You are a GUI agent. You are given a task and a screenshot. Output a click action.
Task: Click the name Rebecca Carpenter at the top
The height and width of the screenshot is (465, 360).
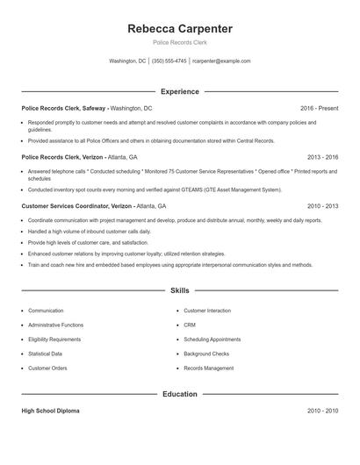pyautogui.click(x=179, y=28)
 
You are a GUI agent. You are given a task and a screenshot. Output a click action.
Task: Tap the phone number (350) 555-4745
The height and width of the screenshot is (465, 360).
pyautogui.click(x=169, y=61)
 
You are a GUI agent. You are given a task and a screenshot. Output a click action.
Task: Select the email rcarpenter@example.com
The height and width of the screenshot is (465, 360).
pyautogui.click(x=221, y=61)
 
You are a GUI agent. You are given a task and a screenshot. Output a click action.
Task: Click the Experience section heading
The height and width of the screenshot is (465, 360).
pyautogui.click(x=179, y=91)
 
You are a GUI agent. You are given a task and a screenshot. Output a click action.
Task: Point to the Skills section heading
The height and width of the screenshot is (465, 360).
pyautogui.click(x=179, y=290)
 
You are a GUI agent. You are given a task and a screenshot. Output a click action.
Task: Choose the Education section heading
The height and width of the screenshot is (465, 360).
pyautogui.click(x=179, y=394)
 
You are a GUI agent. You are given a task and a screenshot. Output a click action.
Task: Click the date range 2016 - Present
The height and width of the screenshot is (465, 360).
pyautogui.click(x=319, y=108)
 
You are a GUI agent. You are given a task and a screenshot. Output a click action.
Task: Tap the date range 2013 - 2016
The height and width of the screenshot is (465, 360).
pyautogui.click(x=322, y=158)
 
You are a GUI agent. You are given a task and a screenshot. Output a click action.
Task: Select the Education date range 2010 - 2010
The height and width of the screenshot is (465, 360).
pyautogui.click(x=322, y=411)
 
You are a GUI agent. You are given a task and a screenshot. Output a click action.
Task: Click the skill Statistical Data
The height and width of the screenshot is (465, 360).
pyautogui.click(x=46, y=354)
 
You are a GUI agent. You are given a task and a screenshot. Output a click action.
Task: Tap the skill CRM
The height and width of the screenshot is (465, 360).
pyautogui.click(x=189, y=325)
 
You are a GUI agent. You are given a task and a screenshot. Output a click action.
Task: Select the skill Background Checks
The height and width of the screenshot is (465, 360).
pyautogui.click(x=205, y=354)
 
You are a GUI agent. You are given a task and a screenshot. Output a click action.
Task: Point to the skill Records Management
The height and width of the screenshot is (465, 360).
pyautogui.click(x=208, y=368)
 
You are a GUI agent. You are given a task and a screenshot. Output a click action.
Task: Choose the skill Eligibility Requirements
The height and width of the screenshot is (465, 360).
pyautogui.click(x=54, y=339)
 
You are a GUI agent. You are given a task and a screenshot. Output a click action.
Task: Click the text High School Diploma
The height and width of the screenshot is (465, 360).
pyautogui.click(x=52, y=411)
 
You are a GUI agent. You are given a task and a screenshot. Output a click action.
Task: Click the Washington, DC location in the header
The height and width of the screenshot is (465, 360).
pyautogui.click(x=127, y=61)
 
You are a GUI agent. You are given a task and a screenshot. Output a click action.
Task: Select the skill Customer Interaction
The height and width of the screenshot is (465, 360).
pyautogui.click(x=207, y=311)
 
